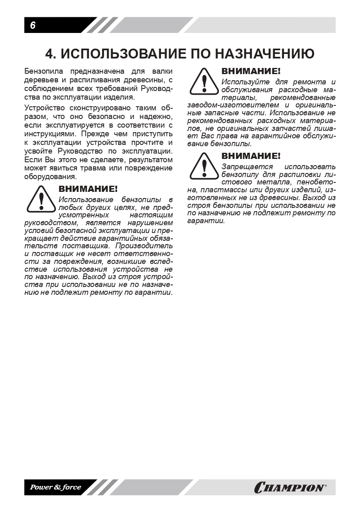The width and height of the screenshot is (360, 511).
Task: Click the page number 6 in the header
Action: pyautogui.click(x=33, y=25)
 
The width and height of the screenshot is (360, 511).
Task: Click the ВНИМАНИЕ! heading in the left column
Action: pyautogui.click(x=88, y=189)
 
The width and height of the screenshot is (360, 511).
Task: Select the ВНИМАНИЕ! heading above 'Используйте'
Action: pyautogui.click(x=251, y=71)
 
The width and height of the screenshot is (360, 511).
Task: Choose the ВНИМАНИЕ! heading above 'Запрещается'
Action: pyautogui.click(x=251, y=156)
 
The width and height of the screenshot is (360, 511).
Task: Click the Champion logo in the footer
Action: pyautogui.click(x=290, y=488)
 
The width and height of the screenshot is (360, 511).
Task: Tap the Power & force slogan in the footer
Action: pyautogui.click(x=55, y=488)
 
